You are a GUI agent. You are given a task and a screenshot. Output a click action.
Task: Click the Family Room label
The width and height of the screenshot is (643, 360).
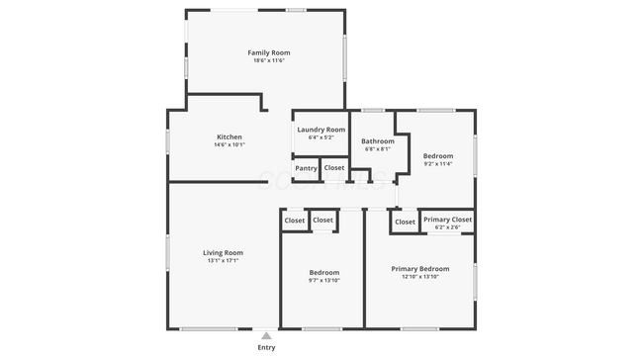tap(268, 52)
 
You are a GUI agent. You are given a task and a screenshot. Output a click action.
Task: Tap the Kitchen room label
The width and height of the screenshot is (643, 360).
tap(230, 136)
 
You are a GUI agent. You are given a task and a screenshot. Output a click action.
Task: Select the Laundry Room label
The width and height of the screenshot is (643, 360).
tap(321, 130)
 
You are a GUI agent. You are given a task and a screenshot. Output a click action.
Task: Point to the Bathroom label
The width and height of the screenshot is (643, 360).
tap(378, 140)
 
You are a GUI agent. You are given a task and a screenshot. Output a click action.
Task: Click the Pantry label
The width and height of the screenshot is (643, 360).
tap(307, 168)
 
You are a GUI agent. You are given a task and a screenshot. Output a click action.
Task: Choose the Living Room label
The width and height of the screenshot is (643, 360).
tap(223, 252)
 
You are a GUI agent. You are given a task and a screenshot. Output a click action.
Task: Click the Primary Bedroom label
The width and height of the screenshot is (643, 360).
tap(420, 268)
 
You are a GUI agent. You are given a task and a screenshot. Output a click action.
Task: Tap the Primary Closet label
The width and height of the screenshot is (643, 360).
tap(448, 220)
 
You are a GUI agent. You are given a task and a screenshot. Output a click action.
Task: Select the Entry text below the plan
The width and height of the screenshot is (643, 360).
tap(266, 347)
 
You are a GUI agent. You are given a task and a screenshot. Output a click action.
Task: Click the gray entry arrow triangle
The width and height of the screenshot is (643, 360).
tap(266, 336)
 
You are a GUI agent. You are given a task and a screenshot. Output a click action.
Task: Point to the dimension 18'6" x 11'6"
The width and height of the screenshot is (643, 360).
tap(268, 61)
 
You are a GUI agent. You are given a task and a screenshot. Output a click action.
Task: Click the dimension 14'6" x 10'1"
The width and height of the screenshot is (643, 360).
tap(230, 145)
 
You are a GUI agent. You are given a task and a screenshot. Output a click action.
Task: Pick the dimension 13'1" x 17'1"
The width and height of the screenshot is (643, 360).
tap(223, 261)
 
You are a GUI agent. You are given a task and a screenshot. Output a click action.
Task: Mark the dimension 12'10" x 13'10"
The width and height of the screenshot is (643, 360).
tap(420, 277)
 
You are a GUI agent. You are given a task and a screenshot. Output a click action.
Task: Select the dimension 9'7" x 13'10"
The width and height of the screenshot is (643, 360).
tap(324, 281)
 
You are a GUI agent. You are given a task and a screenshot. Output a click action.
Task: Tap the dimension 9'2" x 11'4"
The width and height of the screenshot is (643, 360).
tap(438, 164)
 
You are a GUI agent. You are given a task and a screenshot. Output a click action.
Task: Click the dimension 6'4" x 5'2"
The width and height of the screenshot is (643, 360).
tap(321, 138)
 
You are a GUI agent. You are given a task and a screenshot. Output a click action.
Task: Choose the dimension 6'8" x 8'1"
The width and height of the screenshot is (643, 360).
tap(378, 149)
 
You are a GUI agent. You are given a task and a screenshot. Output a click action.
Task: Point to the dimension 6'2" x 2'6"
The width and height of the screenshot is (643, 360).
tap(448, 228)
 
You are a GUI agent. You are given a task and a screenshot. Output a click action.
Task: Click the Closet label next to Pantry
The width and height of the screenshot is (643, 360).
tap(334, 167)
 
